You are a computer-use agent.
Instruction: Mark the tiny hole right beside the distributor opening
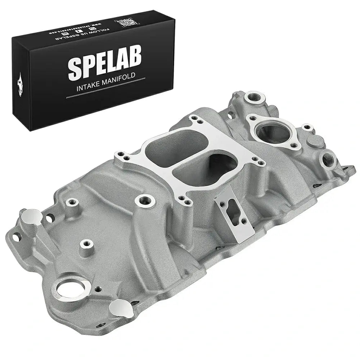tap(97, 289)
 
